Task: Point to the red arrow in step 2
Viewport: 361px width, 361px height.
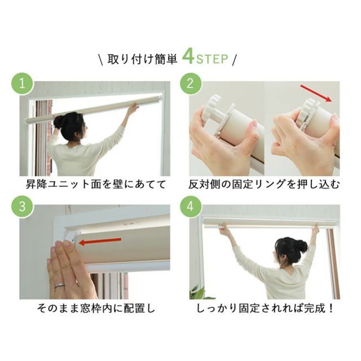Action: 316,93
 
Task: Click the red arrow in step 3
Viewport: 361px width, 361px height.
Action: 100,242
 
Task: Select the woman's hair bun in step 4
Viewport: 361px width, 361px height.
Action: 303,246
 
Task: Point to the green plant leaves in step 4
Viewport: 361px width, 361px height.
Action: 198,293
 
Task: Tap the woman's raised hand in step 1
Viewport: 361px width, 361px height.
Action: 134,107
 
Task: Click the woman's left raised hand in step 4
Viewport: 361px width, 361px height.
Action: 224,228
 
